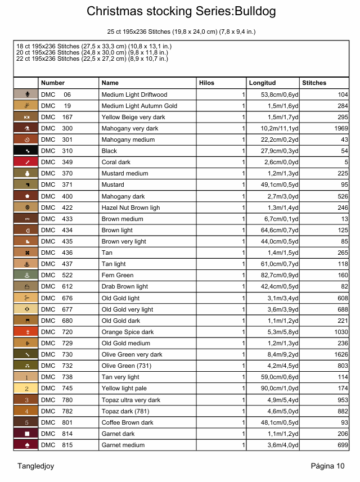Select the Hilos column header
206,83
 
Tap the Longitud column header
262,83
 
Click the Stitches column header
314,83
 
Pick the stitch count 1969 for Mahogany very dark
341,128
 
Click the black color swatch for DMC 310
26,151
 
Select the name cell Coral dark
116,162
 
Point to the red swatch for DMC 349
26,162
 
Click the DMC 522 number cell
57,275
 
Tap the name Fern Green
117,275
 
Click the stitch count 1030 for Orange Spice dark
341,332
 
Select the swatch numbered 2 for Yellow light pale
26,389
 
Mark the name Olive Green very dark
132,354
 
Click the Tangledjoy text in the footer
35,466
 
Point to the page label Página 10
327,466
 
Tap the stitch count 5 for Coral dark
346,162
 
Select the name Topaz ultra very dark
130,400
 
